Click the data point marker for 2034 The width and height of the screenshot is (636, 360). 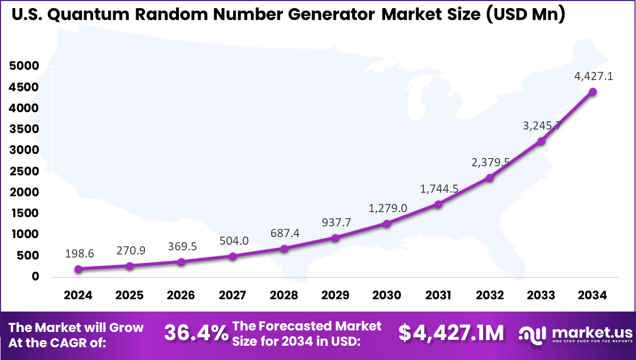[593, 92]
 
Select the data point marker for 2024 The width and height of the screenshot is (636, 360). [78, 269]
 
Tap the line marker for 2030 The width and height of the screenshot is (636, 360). [387, 223]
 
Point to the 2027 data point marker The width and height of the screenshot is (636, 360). [233, 256]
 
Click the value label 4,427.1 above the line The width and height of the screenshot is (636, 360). [594, 76]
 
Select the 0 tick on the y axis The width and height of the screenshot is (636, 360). [35, 277]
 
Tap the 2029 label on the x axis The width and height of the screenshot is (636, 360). [335, 295]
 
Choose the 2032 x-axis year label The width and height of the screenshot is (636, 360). [490, 295]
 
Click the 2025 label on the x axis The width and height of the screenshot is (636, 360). [130, 295]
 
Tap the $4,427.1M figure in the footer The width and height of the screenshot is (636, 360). [451, 333]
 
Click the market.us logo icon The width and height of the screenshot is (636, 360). [532, 334]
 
